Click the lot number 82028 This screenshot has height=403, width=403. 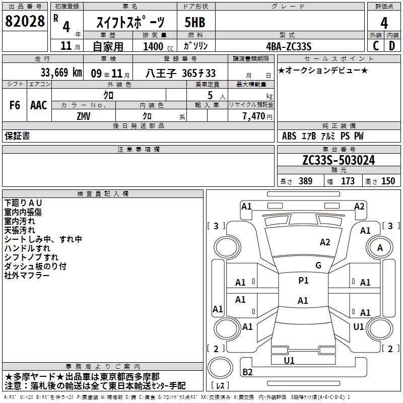(x=24, y=21)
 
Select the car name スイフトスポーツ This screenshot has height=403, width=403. (x=130, y=22)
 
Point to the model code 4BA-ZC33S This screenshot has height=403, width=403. (x=289, y=46)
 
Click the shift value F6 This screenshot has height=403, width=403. (x=15, y=105)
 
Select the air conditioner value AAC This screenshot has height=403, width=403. (x=38, y=105)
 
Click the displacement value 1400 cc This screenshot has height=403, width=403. (x=157, y=46)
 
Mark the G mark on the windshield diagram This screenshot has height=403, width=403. (x=318, y=265)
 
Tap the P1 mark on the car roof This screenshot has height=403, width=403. (x=303, y=281)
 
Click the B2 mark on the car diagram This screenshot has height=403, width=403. (x=247, y=372)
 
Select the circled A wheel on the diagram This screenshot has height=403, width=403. (x=380, y=247)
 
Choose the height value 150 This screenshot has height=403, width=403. (x=388, y=181)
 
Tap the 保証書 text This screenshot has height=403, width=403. (x=17, y=136)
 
